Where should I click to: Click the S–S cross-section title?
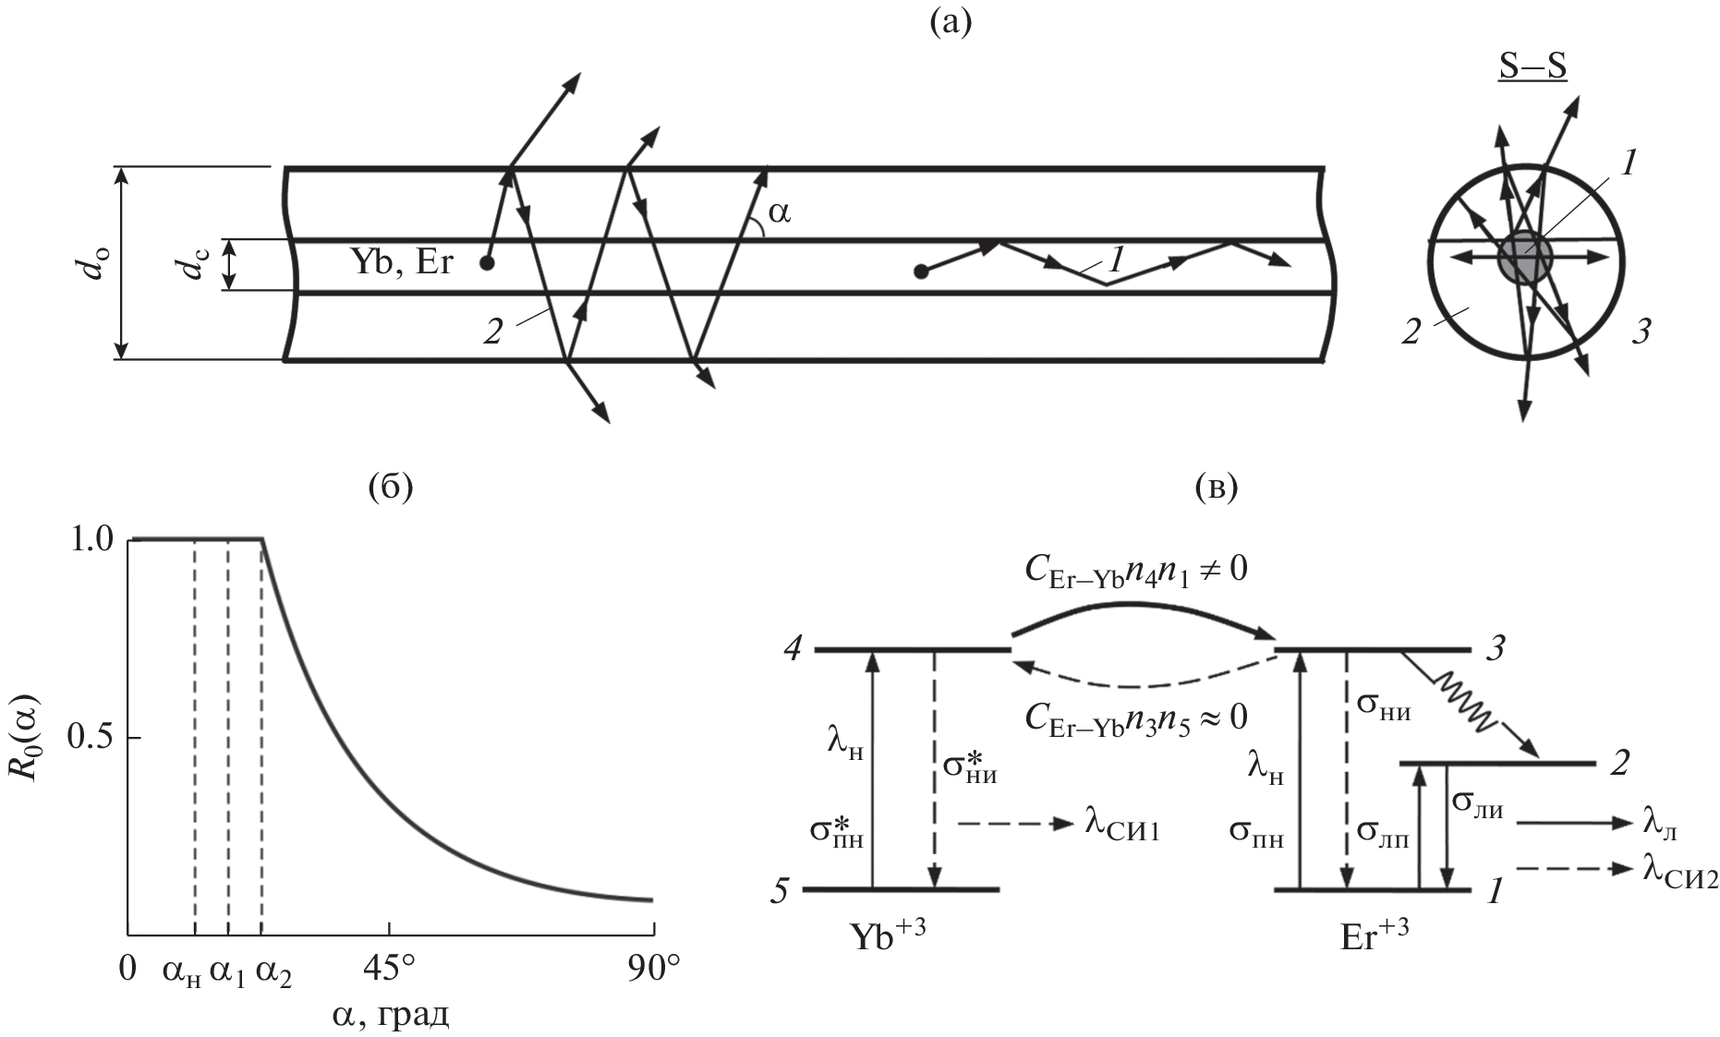point(1532,70)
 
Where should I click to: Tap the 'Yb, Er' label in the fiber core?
point(402,263)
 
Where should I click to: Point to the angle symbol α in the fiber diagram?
point(780,214)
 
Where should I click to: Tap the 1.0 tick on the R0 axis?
point(91,539)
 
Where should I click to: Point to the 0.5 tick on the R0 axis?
point(91,739)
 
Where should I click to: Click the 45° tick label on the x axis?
point(389,969)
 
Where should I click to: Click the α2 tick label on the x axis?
point(273,971)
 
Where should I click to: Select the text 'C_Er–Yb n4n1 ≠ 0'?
point(1136,570)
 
